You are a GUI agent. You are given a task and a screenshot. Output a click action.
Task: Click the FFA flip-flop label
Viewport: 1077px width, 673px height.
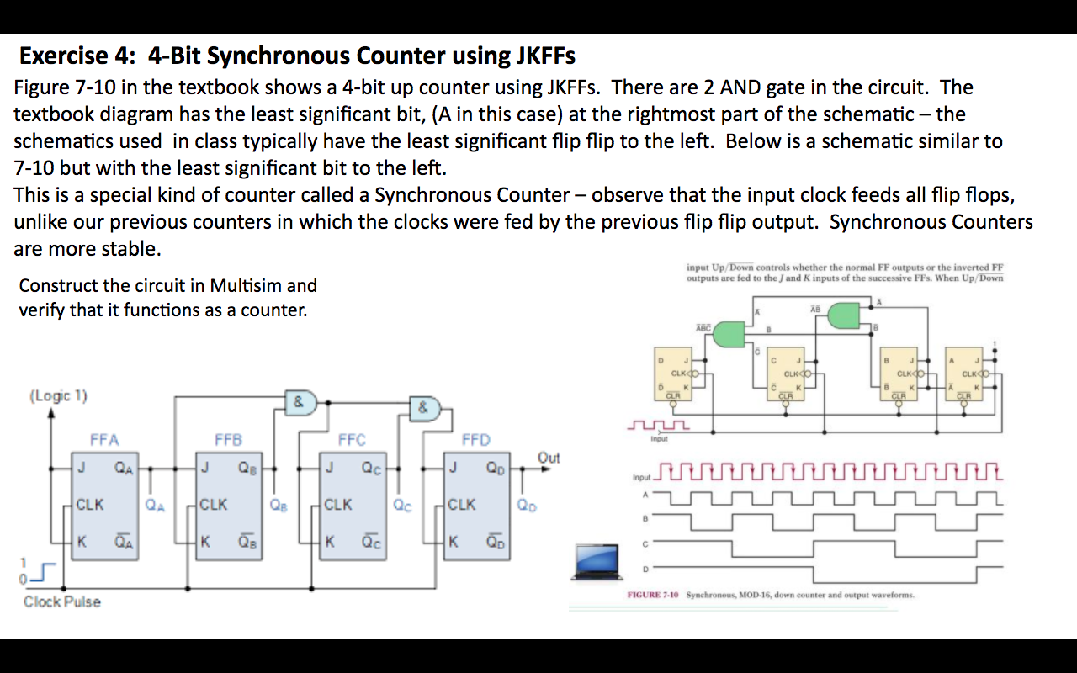pyautogui.click(x=104, y=439)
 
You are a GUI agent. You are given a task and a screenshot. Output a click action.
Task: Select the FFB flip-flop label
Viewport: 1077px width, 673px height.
pyautogui.click(x=228, y=439)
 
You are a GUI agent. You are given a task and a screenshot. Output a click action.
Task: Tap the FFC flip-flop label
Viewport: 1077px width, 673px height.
pyautogui.click(x=352, y=439)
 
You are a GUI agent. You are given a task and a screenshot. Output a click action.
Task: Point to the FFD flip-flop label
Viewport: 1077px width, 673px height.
pyautogui.click(x=475, y=439)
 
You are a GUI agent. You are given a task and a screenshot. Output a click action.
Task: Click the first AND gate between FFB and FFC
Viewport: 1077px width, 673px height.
pyautogui.click(x=300, y=402)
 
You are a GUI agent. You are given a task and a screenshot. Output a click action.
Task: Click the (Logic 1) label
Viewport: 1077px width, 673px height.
pyautogui.click(x=58, y=395)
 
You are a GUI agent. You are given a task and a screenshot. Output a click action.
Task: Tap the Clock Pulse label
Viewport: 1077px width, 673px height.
pyautogui.click(x=61, y=601)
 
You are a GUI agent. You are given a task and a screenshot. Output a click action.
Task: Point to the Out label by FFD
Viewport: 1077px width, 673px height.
pyautogui.click(x=549, y=458)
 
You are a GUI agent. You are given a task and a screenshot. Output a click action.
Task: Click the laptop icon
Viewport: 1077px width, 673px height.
pyautogui.click(x=598, y=562)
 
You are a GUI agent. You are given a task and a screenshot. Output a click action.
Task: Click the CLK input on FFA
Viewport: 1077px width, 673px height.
pyautogui.click(x=90, y=505)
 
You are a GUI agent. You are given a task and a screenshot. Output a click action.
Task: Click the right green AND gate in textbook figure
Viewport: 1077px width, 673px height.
pyautogui.click(x=844, y=315)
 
